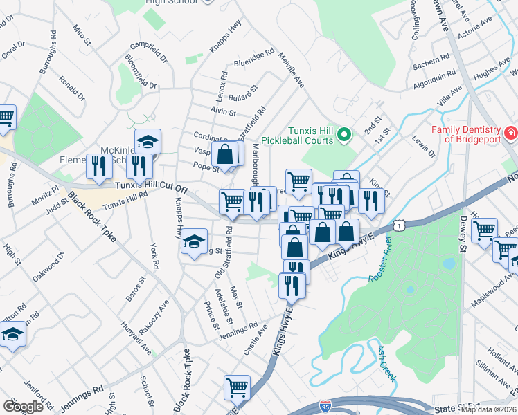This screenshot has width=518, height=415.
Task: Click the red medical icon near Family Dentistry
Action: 510,131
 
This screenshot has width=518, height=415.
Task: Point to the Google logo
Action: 23,406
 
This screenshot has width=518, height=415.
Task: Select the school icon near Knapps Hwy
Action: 194,243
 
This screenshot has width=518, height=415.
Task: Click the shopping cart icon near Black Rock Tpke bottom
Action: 237,387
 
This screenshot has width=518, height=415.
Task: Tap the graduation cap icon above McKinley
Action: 148,142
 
